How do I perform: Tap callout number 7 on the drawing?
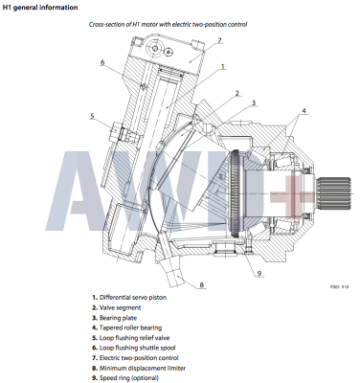tap(218, 40)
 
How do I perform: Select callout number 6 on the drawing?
tap(101, 63)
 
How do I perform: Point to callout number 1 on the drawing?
tap(222, 67)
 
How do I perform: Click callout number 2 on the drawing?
tap(236, 94)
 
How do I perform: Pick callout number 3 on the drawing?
tap(254, 103)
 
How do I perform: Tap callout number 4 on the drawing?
tap(304, 110)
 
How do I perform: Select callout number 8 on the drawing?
tap(202, 284)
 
